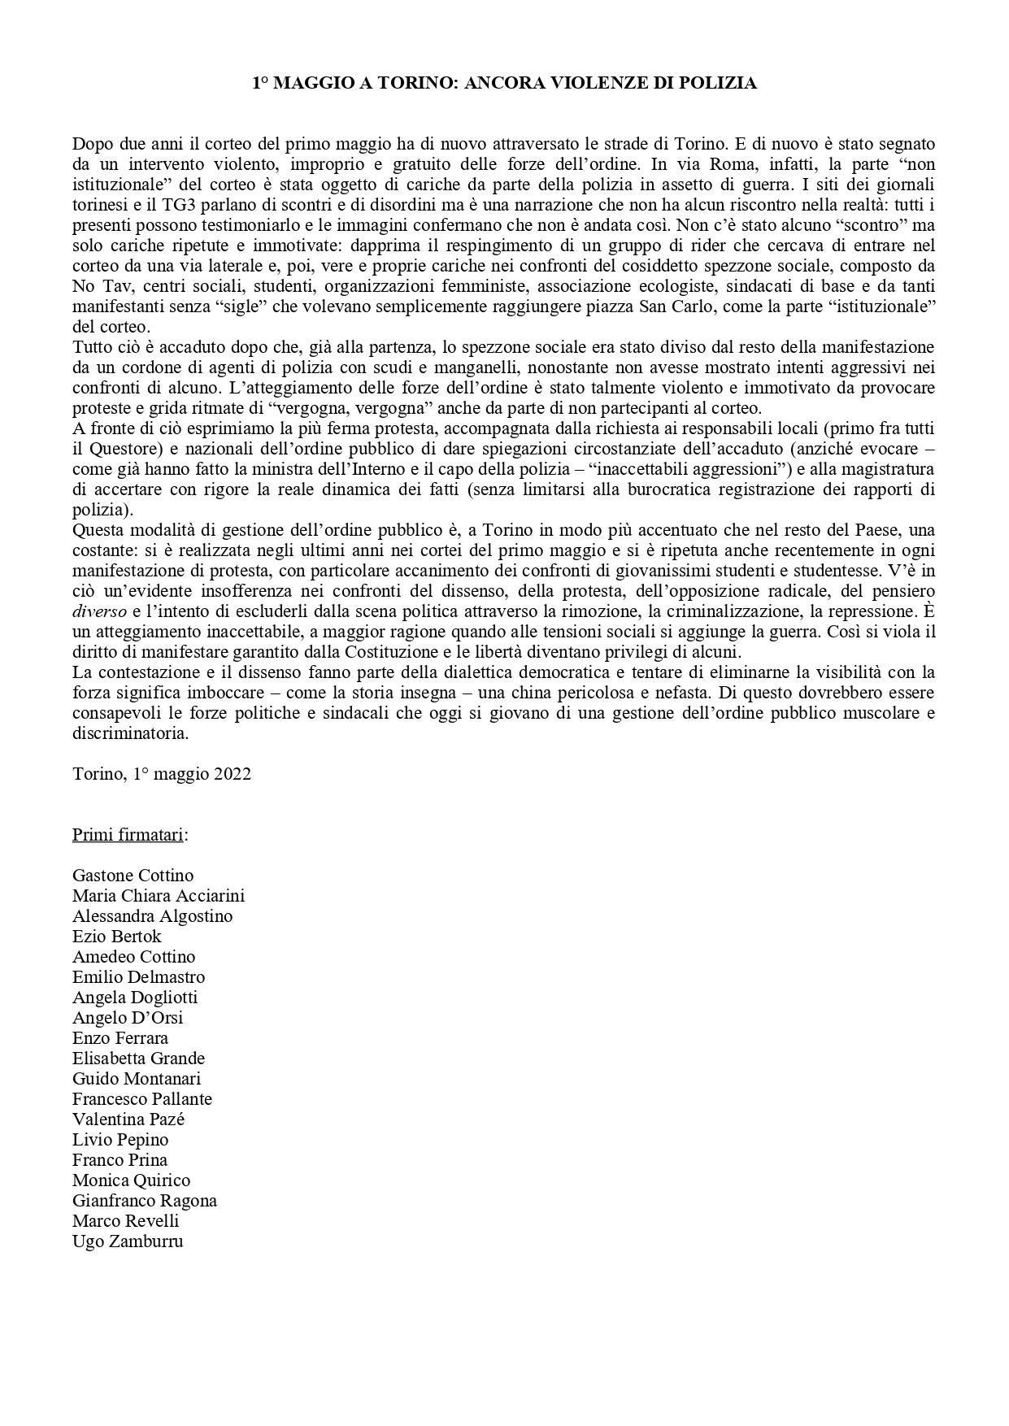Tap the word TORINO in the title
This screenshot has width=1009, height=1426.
click(409, 83)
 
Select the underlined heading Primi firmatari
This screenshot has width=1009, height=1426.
click(128, 834)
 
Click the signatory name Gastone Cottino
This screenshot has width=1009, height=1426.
click(133, 875)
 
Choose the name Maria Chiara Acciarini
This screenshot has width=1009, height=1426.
click(159, 895)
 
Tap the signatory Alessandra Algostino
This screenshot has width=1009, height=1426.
click(152, 915)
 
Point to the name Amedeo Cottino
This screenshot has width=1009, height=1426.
click(133, 956)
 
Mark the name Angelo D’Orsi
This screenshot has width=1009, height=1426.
click(128, 1017)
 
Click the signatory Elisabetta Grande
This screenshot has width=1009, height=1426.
click(138, 1058)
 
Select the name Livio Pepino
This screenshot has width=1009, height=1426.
click(120, 1139)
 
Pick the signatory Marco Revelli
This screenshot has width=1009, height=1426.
click(125, 1220)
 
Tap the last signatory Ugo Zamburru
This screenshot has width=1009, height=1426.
click(128, 1241)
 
